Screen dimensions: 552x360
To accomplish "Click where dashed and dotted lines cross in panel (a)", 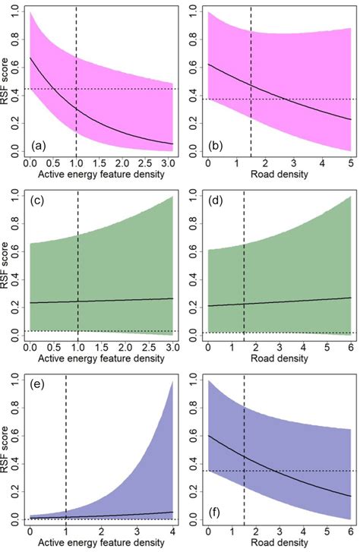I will (x=77, y=90).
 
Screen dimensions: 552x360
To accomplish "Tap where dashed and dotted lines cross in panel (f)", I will (x=244, y=471).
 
